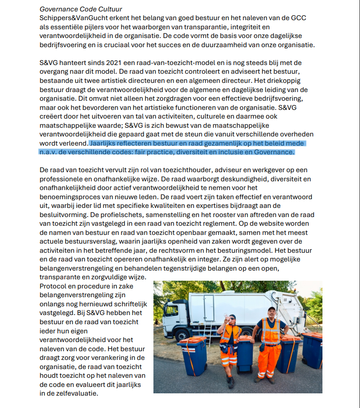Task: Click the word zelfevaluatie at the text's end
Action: click(74, 393)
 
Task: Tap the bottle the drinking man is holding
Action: click(226, 316)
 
